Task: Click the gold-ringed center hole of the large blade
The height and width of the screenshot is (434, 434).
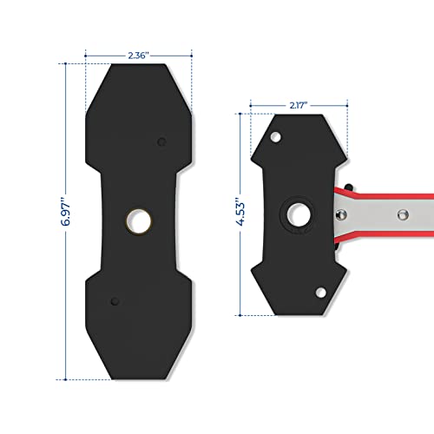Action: (136, 220)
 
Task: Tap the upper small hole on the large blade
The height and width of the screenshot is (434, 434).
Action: (161, 141)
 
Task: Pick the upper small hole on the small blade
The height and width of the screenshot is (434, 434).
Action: (276, 137)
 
